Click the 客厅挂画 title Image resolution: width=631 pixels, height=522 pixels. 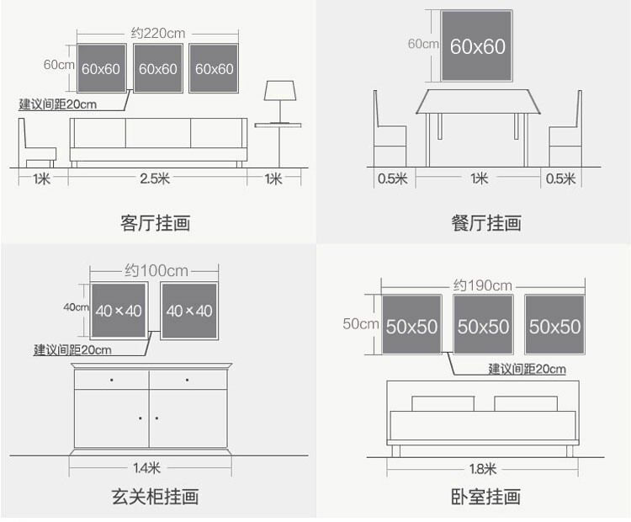pos(156,223)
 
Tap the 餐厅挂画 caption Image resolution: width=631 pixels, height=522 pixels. pos(485,223)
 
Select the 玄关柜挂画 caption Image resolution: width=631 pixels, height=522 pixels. pos(156,496)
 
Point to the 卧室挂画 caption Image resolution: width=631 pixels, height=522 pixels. pos(485,496)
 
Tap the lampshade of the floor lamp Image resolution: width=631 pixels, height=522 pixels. pos(279,90)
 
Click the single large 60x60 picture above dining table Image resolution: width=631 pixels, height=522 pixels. pos(478,46)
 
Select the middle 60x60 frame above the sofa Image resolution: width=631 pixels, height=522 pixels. pos(157,68)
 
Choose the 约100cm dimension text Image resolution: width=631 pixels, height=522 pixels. pos(156,271)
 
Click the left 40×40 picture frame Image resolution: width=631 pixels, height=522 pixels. pos(118,311)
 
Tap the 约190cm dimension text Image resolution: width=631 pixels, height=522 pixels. pos(482,285)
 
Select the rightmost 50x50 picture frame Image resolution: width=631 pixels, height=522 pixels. pos(554,325)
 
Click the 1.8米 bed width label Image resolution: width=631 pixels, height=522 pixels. pos(483,468)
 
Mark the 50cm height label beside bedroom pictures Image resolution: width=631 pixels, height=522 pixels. pos(360,323)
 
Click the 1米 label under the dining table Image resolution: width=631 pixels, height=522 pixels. pos(479,178)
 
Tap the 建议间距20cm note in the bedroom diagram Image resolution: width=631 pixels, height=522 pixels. pos(528,369)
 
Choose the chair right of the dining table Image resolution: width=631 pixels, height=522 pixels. pos(566,136)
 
